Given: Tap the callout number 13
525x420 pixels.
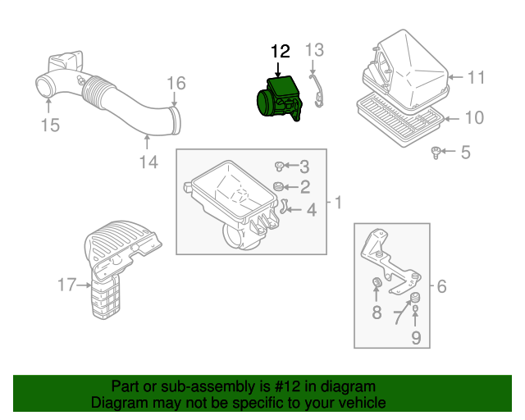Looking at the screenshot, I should pos(315,50).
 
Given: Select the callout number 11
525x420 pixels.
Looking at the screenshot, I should pos(477,78).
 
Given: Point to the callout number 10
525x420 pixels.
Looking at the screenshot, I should pos(473,118).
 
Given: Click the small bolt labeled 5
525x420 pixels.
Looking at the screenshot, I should pos(437,151).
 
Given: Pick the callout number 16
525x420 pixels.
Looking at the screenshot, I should pos(176,84).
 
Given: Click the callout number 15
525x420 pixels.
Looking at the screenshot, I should pos(51,126).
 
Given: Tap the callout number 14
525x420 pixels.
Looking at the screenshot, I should pos(147,162).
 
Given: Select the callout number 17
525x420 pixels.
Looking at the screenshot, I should pos(66,285).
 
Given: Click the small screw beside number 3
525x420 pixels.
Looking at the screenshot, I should pos(280,166).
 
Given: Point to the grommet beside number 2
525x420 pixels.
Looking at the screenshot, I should pos(280,187).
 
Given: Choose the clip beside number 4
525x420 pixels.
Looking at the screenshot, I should pos(284,206).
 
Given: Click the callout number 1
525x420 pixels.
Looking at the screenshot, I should pos(336,202).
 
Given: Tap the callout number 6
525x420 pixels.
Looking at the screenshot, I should pos(441,286).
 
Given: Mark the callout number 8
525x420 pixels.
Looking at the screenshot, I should pos(377,312).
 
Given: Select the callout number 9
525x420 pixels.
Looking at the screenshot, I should pos(416,337).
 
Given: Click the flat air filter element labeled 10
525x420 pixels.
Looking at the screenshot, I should pos(398,118).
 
